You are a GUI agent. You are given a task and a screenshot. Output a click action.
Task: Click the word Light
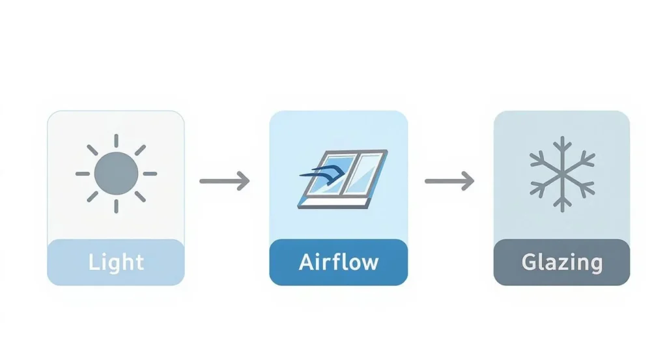click(x=116, y=262)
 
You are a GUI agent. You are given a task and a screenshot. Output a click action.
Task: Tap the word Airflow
click(x=339, y=262)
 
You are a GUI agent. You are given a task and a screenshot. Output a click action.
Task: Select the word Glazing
click(x=561, y=262)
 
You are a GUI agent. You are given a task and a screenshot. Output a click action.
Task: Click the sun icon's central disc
click(x=116, y=173)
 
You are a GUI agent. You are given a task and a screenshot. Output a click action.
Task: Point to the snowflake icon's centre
click(x=561, y=174)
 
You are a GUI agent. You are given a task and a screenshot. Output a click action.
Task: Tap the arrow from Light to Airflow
click(x=225, y=180)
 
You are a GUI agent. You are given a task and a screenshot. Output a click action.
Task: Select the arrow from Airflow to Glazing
click(x=449, y=180)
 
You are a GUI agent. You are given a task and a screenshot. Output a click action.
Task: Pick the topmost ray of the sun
click(x=116, y=141)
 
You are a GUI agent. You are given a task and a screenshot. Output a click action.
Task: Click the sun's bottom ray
click(x=116, y=206)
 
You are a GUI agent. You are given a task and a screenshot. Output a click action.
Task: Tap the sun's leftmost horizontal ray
click(x=83, y=174)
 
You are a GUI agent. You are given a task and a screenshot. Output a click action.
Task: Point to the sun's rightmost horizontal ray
click(x=150, y=174)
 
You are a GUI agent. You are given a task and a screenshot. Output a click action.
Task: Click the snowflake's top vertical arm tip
click(x=561, y=140)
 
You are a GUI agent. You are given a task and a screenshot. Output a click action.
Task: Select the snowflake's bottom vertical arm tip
click(x=561, y=208)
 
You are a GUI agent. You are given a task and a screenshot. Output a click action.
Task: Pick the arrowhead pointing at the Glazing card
click(x=468, y=180)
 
